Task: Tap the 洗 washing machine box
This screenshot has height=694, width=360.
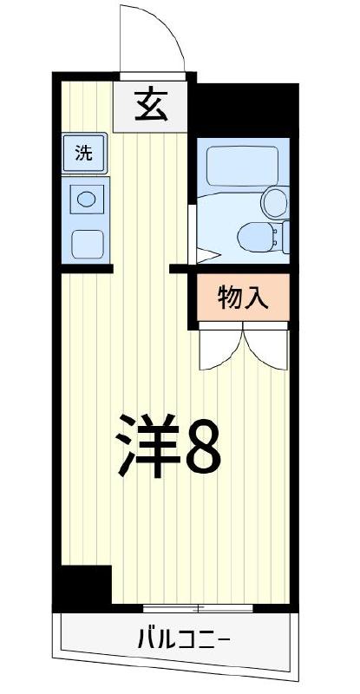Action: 84,154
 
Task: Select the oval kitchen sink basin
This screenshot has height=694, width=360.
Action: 87,199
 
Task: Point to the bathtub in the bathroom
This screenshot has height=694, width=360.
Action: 243,164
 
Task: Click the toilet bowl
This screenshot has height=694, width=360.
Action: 254,234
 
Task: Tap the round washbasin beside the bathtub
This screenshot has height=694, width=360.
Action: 274,202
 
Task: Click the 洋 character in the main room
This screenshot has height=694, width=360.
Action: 147,444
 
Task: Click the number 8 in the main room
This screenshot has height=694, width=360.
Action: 206,445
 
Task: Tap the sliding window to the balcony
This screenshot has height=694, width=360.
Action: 200,606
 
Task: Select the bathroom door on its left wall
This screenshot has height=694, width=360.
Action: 193,234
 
